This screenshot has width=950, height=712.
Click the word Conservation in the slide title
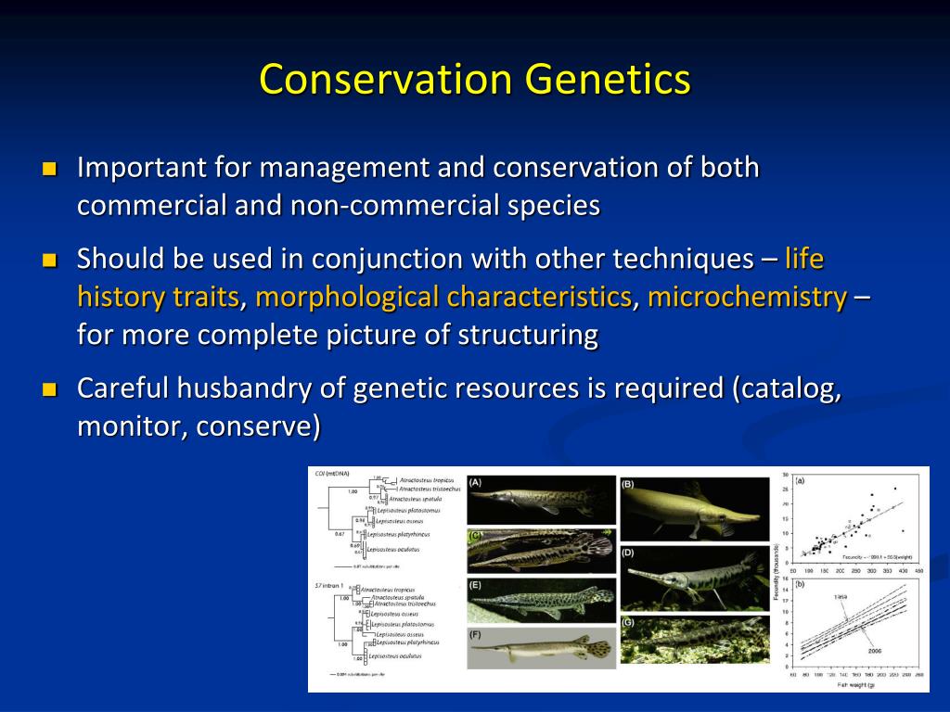click(x=385, y=79)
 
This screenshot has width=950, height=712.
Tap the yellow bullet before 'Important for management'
click(x=49, y=170)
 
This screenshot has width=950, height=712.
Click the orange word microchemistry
click(x=747, y=298)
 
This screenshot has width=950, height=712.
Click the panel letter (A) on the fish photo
click(x=475, y=482)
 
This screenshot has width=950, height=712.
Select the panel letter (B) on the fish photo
click(x=628, y=484)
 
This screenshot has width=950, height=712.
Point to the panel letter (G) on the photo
click(x=628, y=622)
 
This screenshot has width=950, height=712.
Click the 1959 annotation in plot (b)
click(x=840, y=597)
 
